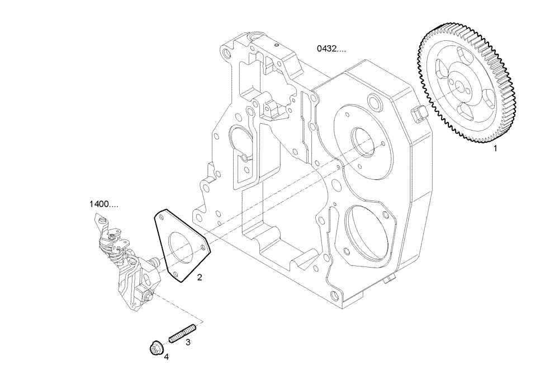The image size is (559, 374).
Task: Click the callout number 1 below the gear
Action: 494,149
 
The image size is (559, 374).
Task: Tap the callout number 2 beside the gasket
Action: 199,277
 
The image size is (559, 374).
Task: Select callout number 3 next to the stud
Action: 188,341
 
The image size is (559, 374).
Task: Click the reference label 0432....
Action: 331,49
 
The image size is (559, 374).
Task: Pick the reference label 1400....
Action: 103,204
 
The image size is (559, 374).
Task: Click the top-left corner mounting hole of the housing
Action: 225,54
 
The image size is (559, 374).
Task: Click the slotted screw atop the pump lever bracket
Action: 115,237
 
